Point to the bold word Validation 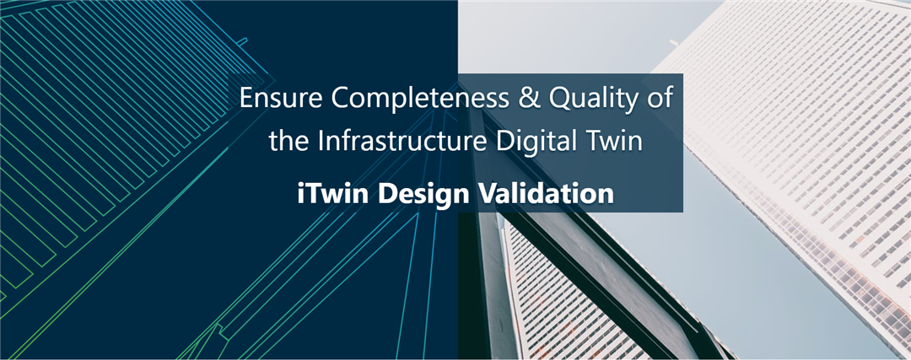click(540, 193)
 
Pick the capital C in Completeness click(339, 98)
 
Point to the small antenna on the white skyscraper click(675, 43)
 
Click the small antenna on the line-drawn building click(241, 40)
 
